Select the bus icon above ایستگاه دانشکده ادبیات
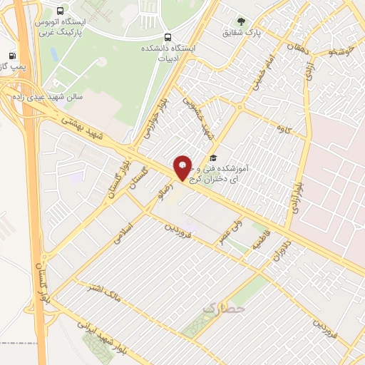point(168,37)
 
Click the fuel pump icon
point(12,56)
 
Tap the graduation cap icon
point(212,158)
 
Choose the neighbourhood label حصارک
point(222,308)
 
